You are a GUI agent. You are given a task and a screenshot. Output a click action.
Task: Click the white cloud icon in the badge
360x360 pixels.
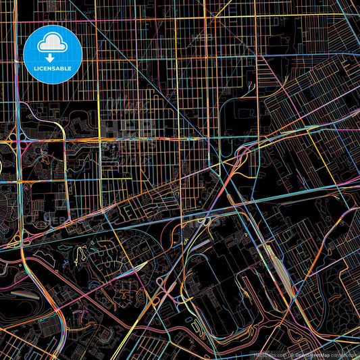pos(52,45)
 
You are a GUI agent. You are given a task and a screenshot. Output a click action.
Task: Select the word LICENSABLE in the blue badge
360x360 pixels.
pos(52,68)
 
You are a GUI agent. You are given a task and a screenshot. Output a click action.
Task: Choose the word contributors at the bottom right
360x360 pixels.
pos(345,355)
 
